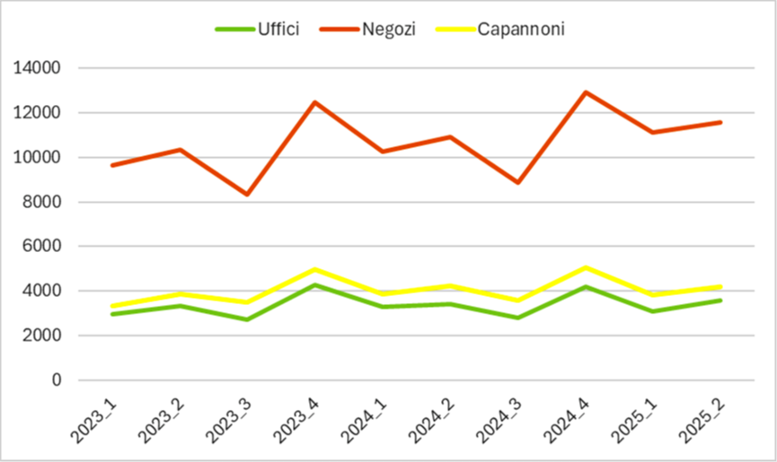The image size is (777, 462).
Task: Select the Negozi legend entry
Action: pos(388,29)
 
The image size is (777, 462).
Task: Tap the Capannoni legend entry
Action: pos(521,29)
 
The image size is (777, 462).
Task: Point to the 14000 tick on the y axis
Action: pos(38,68)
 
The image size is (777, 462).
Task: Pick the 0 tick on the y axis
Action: pos(56,380)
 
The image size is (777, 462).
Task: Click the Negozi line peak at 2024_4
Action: pos(586,92)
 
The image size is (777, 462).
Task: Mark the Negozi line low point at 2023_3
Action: pos(247,194)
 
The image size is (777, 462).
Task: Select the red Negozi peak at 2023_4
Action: pos(314,102)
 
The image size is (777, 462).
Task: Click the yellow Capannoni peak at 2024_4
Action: pos(586,267)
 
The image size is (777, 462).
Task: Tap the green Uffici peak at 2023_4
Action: pos(314,285)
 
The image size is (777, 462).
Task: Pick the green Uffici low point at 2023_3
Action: pos(247,319)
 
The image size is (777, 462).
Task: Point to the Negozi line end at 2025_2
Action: pos(720,122)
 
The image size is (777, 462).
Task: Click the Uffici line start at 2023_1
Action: pos(112,314)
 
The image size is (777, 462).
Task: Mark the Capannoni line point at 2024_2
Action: pos(450,286)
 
